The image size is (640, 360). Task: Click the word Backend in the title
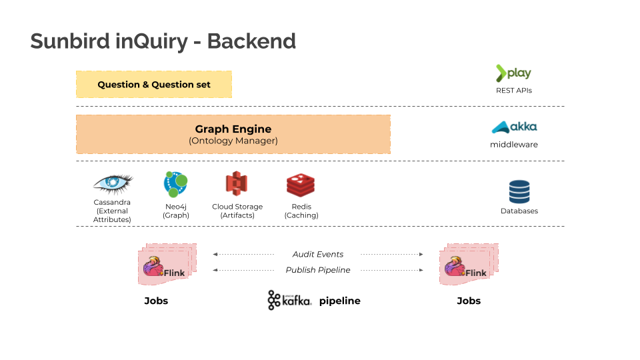(x=251, y=41)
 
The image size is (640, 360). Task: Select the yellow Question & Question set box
(x=154, y=85)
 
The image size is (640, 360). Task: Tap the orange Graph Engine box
(x=233, y=134)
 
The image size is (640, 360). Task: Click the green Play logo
(x=513, y=73)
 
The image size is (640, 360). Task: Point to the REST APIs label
(x=514, y=91)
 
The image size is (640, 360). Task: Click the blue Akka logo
(x=514, y=127)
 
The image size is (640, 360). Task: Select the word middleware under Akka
(x=514, y=145)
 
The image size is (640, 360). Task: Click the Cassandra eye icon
(x=113, y=183)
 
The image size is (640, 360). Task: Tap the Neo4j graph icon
(x=175, y=185)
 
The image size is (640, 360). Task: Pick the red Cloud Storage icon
(x=237, y=183)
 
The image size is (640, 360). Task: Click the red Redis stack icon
(x=301, y=185)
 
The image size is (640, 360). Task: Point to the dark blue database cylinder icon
(x=519, y=192)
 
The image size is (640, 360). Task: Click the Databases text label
(x=519, y=211)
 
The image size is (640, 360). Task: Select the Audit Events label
(x=318, y=254)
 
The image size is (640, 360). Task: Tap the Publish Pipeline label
(x=318, y=270)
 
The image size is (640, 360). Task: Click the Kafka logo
(x=289, y=301)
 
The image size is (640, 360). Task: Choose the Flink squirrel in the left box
(x=153, y=266)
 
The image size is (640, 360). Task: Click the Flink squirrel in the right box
(x=455, y=266)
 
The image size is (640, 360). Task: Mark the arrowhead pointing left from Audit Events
(x=215, y=254)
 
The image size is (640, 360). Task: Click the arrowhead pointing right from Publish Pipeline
(x=421, y=270)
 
